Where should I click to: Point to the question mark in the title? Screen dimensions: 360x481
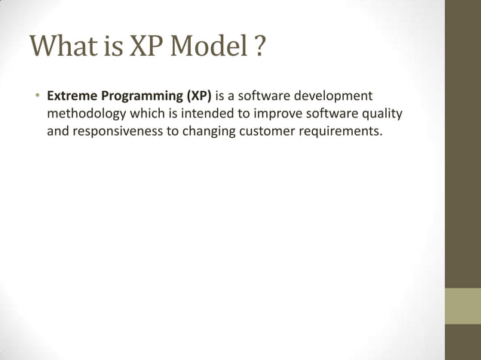[x=259, y=47]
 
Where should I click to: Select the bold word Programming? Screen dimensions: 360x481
[x=140, y=97]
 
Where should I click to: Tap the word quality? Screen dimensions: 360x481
[x=381, y=114]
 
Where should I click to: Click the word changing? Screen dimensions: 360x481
[x=211, y=132]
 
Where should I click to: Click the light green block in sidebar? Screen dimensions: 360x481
[x=462, y=305]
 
